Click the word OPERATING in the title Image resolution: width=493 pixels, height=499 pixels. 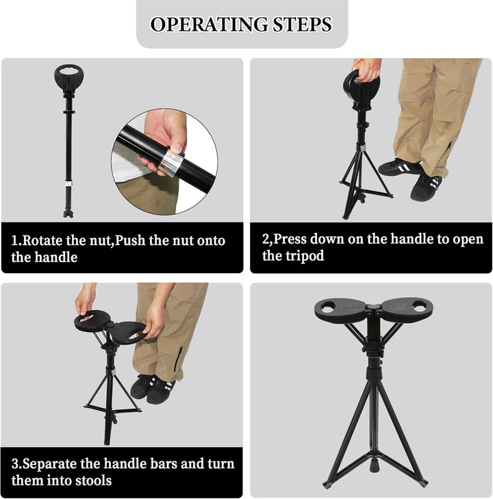coord(209,25)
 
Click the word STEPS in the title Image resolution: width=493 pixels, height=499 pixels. coord(302,25)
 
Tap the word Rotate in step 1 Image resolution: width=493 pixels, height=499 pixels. coord(42,240)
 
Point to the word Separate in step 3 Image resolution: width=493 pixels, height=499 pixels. coord(50,463)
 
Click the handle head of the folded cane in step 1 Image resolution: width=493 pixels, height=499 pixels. coord(69,78)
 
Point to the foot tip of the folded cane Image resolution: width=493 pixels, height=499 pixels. coord(68,214)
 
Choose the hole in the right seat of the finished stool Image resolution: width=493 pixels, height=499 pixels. coord(420,307)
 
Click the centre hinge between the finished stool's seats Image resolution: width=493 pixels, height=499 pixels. coord(373,308)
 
